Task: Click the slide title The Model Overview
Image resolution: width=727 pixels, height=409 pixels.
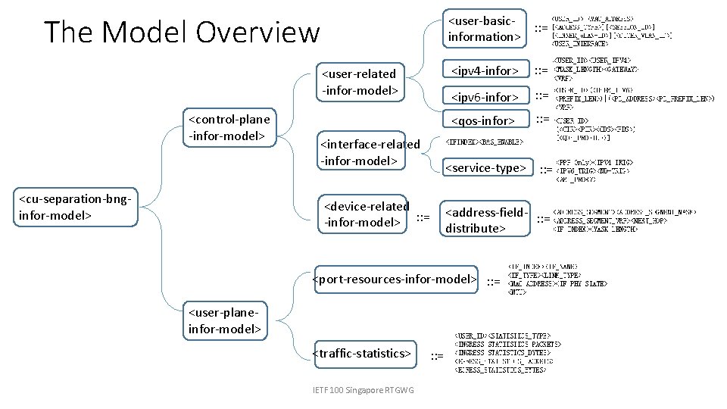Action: click(x=182, y=33)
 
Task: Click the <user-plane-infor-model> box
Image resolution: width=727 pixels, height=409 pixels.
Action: click(x=225, y=320)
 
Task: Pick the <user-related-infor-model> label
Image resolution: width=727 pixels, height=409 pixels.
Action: click(x=360, y=83)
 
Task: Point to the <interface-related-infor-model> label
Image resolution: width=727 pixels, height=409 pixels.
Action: click(x=370, y=152)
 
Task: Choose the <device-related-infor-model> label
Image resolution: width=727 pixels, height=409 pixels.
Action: click(x=366, y=214)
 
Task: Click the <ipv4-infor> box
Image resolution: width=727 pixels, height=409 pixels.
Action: click(x=485, y=71)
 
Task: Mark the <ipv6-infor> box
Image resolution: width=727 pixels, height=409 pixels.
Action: click(x=485, y=97)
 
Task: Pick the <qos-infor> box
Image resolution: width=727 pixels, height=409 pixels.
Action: click(x=483, y=121)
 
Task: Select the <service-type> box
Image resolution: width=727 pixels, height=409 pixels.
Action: click(x=485, y=168)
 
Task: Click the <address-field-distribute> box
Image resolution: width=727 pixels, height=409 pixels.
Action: click(x=484, y=220)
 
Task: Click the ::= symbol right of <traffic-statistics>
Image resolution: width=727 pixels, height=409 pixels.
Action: click(x=437, y=356)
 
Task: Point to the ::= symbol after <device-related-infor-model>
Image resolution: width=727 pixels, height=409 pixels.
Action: click(x=423, y=218)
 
